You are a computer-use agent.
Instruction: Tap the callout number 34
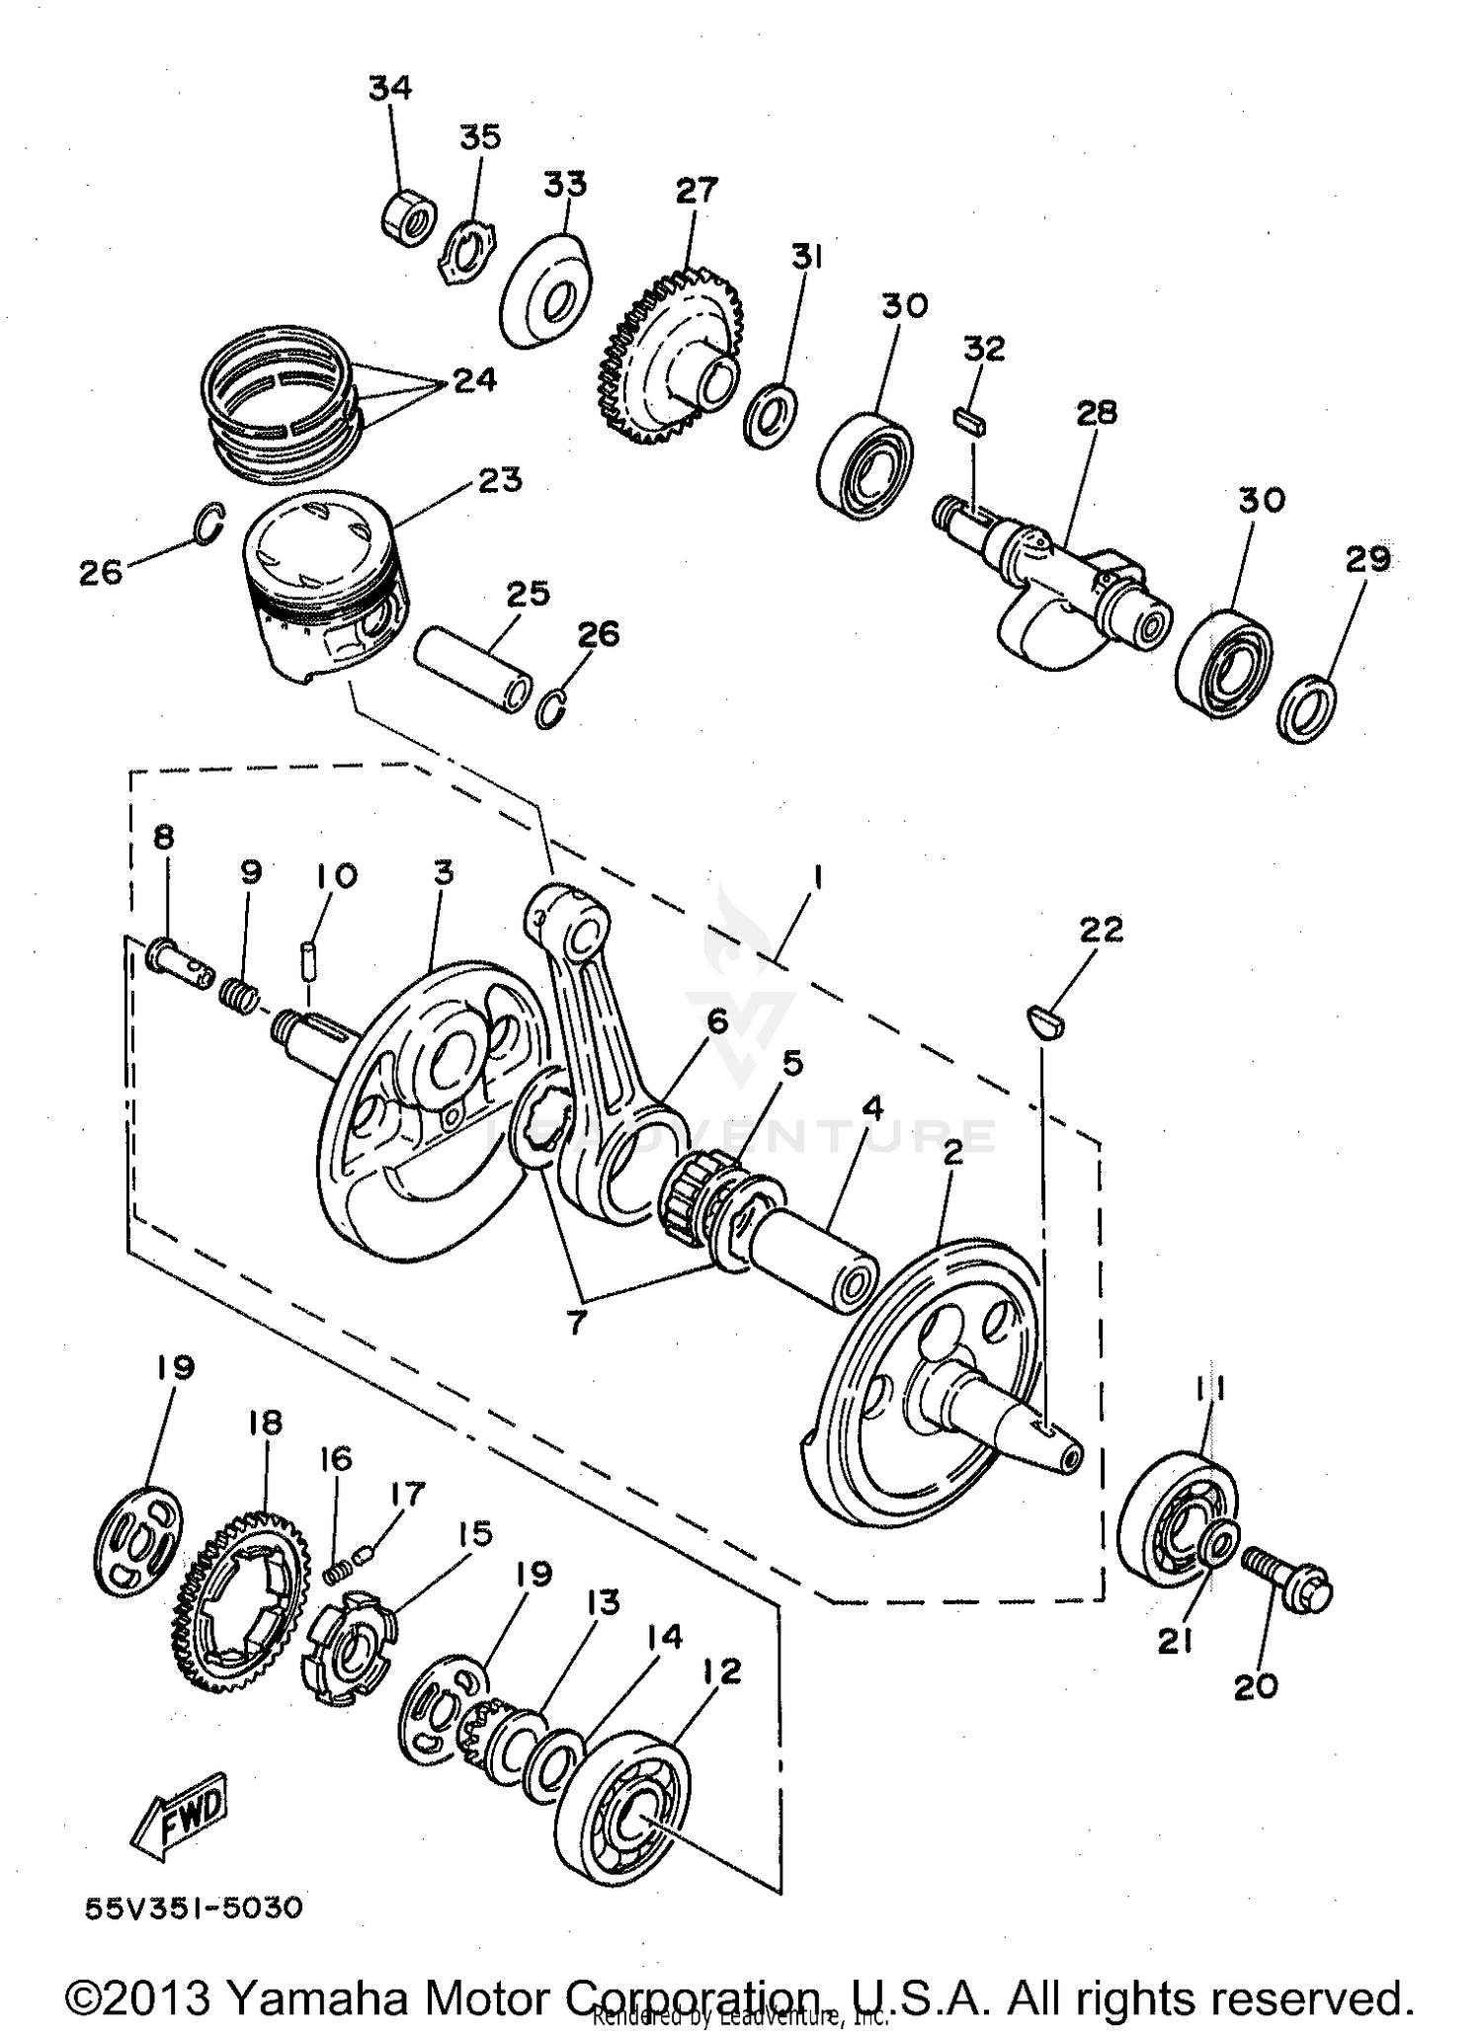pos(390,88)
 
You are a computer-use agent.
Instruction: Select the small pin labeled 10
pos(308,959)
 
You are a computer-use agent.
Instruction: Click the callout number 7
pos(576,1321)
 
